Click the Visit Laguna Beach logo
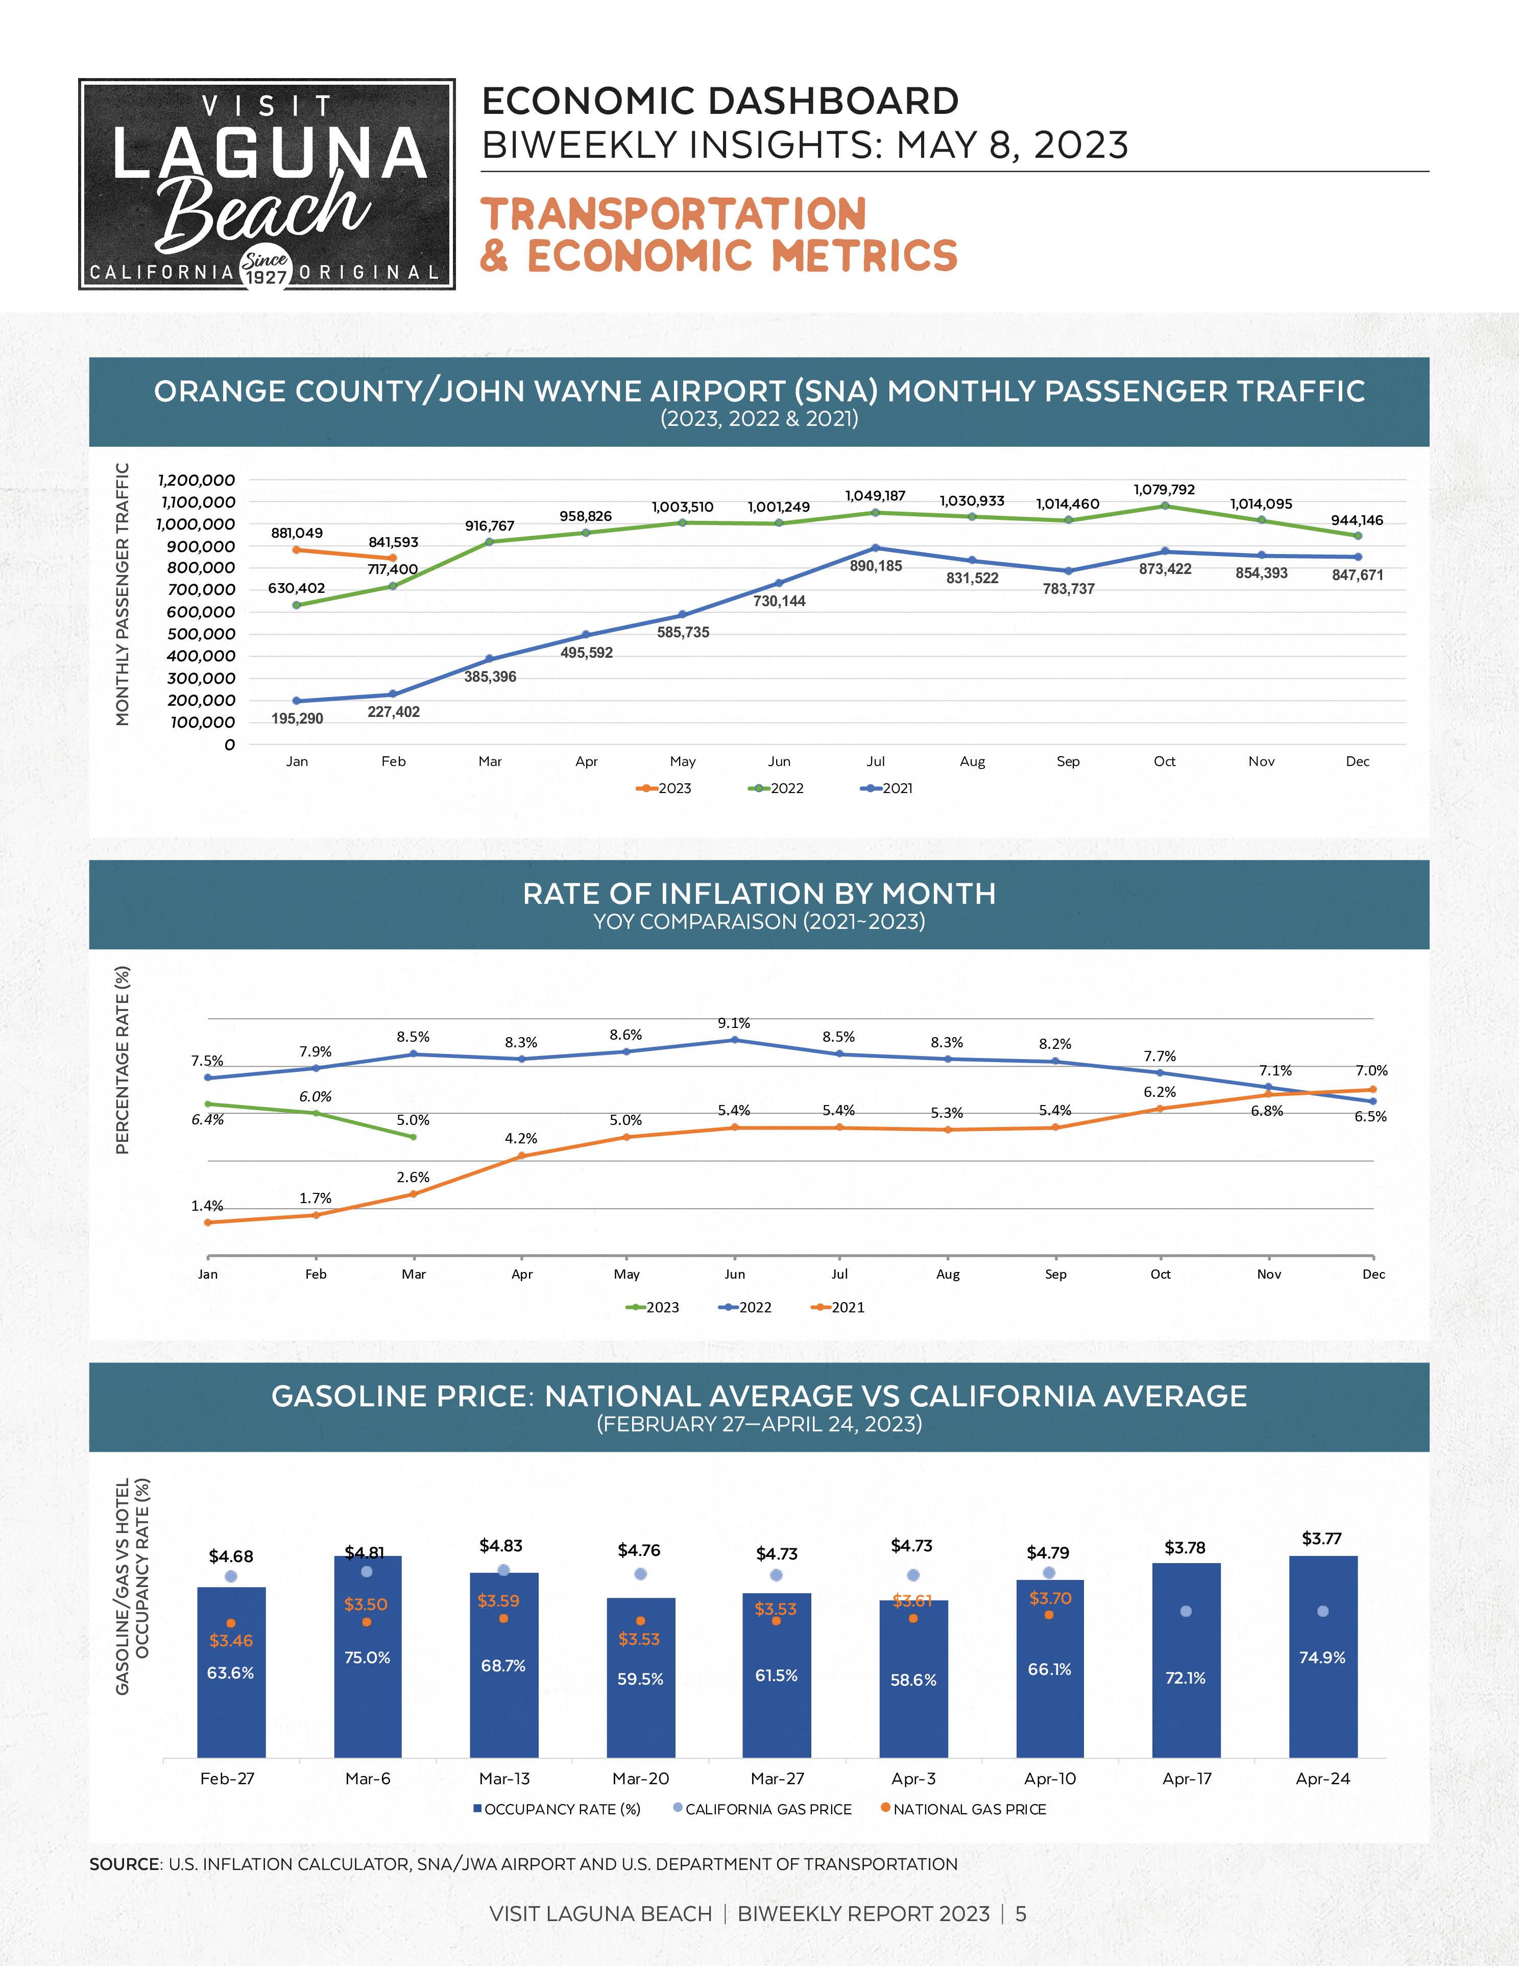point(267,184)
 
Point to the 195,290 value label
point(297,718)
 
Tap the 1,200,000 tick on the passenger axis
point(196,480)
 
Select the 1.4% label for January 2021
point(207,1205)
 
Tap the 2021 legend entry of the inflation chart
point(839,1307)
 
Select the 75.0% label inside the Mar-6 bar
point(367,1657)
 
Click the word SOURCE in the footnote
point(124,1864)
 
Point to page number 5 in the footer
point(1021,1914)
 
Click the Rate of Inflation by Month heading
point(759,894)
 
